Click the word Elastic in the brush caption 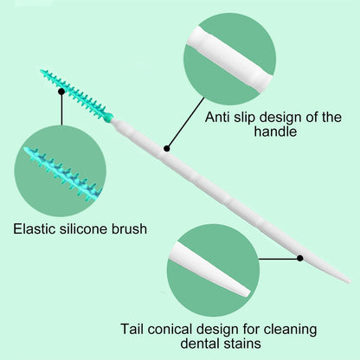34,228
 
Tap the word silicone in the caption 83,228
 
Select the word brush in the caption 129,228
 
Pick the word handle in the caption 275,132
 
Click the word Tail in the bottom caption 132,329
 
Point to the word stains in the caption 242,344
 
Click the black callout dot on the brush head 61,92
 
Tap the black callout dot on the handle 167,149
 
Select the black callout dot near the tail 300,258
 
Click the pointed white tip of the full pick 350,281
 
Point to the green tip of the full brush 42,71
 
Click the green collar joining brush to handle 108,118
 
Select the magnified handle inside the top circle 230,59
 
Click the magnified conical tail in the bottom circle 210,269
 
